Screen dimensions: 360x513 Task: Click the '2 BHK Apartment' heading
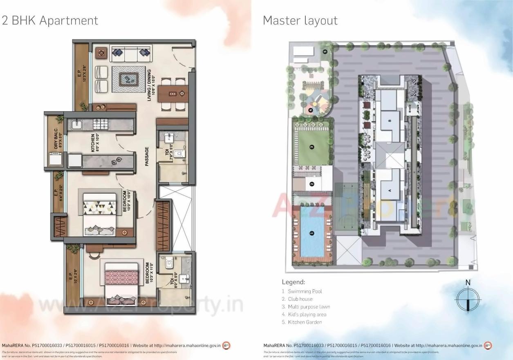tap(50, 20)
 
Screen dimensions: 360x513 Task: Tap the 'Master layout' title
tap(300, 20)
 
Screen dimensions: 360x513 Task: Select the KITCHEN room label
tap(93, 143)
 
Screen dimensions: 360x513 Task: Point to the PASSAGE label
tap(147, 157)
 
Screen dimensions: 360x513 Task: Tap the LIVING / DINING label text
tap(151, 85)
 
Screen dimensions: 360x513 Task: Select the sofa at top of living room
tap(130, 52)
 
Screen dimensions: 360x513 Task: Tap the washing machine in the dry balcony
tap(54, 159)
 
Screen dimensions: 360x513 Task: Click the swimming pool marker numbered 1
tap(312, 233)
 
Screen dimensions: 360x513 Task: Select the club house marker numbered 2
tap(311, 184)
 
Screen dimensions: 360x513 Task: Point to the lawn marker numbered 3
tap(311, 147)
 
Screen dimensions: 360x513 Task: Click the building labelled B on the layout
tap(390, 120)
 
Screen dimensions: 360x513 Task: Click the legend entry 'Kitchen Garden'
tap(305, 322)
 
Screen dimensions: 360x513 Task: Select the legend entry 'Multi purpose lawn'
tap(309, 307)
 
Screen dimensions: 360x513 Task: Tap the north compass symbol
tap(468, 300)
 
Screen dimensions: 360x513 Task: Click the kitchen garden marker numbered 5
tap(325, 51)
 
